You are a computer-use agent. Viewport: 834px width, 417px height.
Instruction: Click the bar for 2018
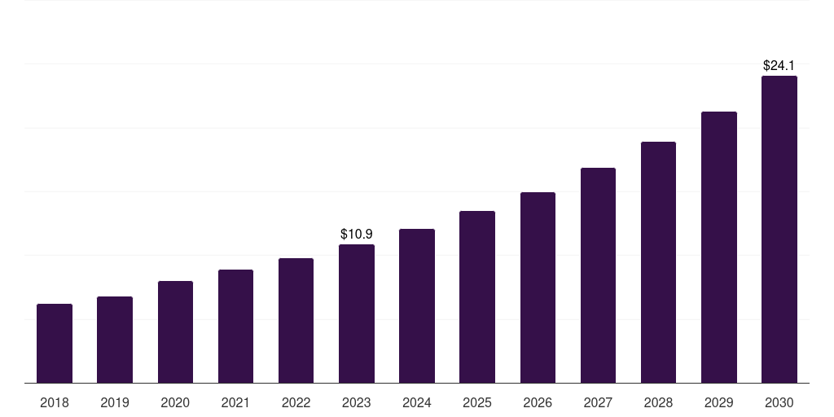(x=55, y=344)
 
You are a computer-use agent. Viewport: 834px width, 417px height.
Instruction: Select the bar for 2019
(x=115, y=340)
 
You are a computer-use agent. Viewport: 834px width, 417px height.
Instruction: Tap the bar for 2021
(x=235, y=327)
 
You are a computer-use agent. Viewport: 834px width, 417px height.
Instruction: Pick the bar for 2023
(x=357, y=314)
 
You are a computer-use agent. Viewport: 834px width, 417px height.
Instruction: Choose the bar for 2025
(x=477, y=296)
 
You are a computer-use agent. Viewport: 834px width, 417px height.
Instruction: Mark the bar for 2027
(x=598, y=275)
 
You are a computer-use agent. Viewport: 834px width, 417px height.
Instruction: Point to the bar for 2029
(x=719, y=248)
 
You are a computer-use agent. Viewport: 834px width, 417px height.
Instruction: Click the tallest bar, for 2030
(x=779, y=229)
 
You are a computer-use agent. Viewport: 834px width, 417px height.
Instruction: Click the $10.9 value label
(x=357, y=234)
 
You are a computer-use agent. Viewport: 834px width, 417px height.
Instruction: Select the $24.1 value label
(x=779, y=65)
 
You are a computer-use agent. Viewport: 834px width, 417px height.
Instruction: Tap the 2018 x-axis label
(x=55, y=403)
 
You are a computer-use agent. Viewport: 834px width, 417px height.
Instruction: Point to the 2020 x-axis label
(x=175, y=403)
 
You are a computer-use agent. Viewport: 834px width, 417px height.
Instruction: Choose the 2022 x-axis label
(x=296, y=403)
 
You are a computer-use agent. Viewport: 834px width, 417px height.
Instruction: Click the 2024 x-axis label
(x=416, y=403)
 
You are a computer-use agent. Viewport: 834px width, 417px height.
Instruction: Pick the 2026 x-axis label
(x=538, y=403)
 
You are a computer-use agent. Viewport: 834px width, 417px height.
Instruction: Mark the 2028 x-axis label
(x=658, y=403)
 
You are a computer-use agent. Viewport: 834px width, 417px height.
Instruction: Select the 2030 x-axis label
(x=779, y=403)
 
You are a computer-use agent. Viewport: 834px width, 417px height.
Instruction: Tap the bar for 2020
(x=175, y=332)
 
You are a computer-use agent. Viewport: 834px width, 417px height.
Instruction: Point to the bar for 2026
(x=538, y=288)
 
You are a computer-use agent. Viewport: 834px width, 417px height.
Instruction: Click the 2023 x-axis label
(x=357, y=403)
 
